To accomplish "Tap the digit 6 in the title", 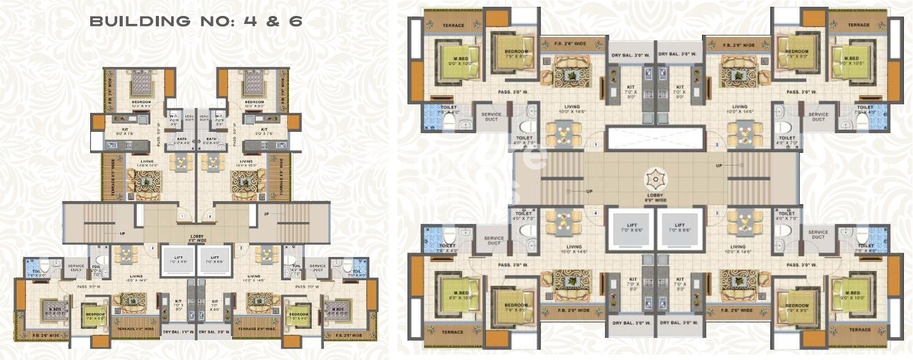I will [296, 22].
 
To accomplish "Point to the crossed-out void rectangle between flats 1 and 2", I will [654, 139].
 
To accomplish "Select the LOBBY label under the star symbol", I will [654, 198].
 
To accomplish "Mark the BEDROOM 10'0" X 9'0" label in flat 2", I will [254, 104].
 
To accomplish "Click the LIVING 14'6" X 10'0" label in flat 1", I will [146, 163].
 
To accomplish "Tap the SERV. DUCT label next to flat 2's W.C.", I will [204, 118].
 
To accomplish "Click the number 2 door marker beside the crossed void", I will [717, 144].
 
